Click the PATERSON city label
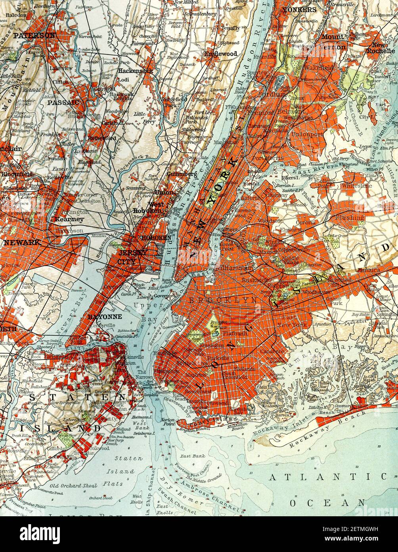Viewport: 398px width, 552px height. point(34,35)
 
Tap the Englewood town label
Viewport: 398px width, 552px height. point(221,54)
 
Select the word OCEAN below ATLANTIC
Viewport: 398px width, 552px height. point(327,503)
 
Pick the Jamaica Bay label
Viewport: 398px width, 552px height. point(321,354)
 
